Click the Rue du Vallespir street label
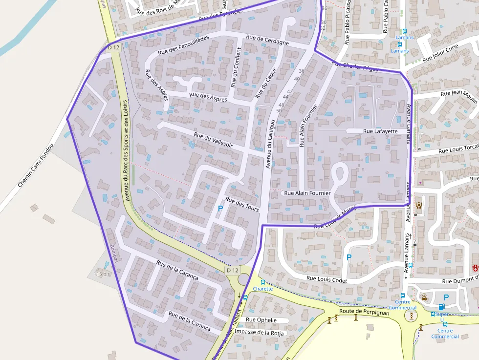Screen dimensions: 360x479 pos(213,140)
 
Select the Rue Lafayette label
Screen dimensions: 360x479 pos(380,131)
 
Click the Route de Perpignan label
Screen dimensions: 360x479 pos(364,311)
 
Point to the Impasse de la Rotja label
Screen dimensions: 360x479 pos(259,332)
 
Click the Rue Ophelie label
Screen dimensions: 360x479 pos(261,320)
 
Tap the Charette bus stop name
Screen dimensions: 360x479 pos(263,289)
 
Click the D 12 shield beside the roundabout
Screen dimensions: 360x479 pos(233,270)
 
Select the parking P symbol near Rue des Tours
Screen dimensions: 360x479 pos(220,209)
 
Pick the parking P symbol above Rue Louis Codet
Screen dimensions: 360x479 pos(348,257)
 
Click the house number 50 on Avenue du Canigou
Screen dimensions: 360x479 pos(279,110)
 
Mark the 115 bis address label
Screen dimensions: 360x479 pos(102,274)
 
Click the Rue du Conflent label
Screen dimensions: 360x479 pos(236,67)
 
